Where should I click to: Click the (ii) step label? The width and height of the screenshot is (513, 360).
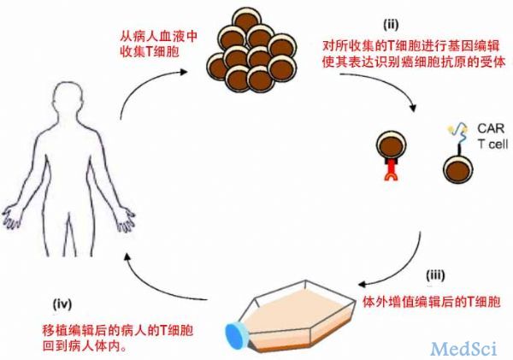click(391, 25)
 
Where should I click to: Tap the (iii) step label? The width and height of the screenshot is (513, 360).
click(435, 275)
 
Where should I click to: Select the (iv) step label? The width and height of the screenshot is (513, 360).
click(62, 304)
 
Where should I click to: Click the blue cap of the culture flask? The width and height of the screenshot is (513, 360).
click(236, 338)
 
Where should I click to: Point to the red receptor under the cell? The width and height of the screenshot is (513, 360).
click(392, 171)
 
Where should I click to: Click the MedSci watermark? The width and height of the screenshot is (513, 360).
click(463, 348)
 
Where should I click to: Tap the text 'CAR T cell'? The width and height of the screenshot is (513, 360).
click(492, 136)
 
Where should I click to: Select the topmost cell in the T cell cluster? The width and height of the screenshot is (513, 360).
click(247, 21)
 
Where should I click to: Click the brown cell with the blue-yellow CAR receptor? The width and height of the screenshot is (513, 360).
click(458, 168)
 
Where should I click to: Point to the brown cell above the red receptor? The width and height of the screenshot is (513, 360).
click(392, 145)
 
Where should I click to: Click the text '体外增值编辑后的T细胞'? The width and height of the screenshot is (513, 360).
click(432, 301)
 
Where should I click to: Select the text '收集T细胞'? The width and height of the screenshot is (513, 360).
click(150, 51)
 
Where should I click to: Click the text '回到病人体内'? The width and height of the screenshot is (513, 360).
click(80, 346)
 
